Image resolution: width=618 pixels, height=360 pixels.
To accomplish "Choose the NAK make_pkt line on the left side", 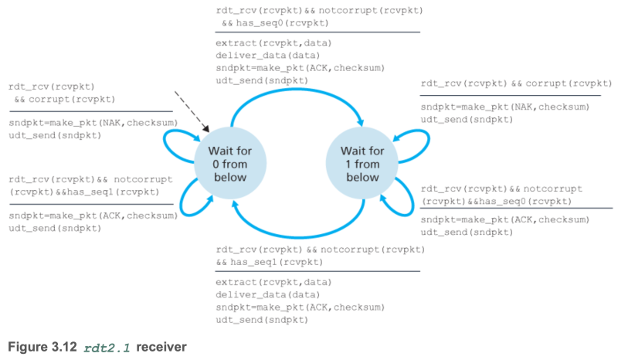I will [93, 122].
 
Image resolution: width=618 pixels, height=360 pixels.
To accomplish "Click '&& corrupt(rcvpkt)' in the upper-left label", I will [64, 100].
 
